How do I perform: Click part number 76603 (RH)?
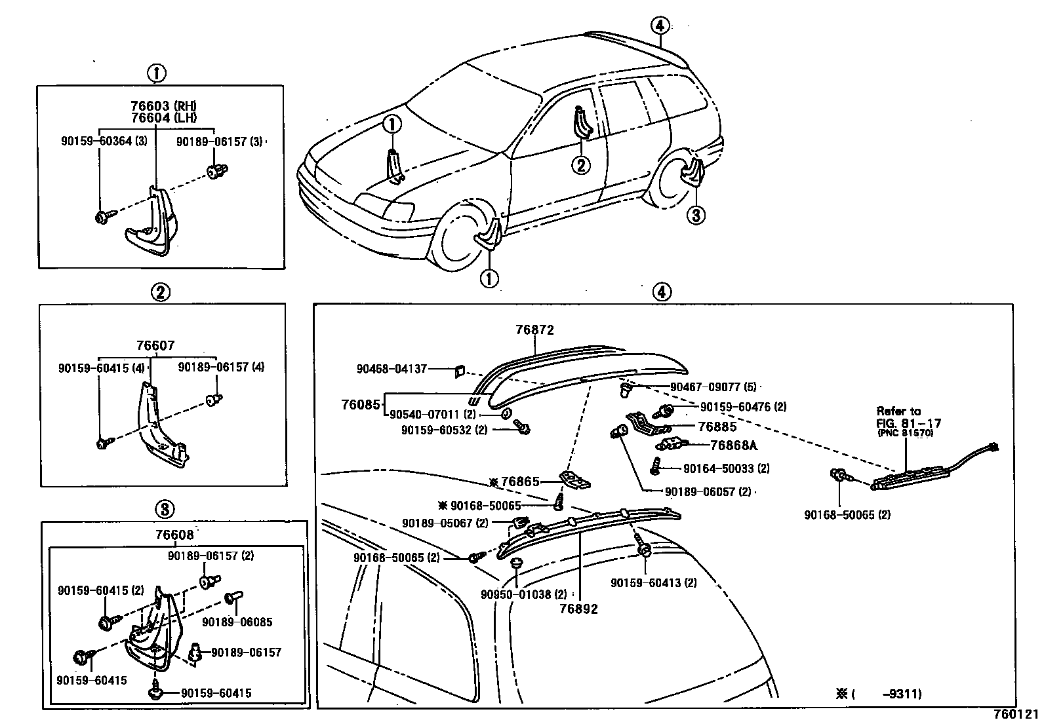(x=163, y=106)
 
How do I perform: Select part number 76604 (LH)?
(x=163, y=117)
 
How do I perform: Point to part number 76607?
(x=155, y=346)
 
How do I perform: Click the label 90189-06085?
(x=237, y=622)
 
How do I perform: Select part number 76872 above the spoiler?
(x=535, y=331)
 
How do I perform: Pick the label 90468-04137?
(x=391, y=369)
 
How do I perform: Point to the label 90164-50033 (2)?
(x=726, y=468)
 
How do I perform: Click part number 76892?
(x=578, y=609)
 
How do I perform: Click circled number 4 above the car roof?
(x=660, y=26)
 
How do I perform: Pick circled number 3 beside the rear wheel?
(x=696, y=215)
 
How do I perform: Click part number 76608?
(x=174, y=535)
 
